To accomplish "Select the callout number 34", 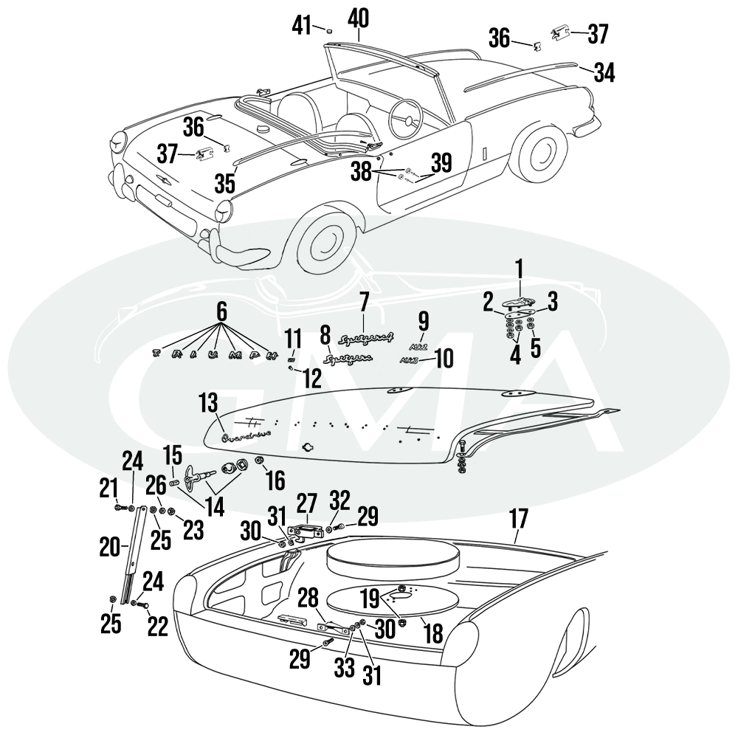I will point(603,72).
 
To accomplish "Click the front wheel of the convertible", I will point(322,241).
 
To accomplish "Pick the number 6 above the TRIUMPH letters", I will point(220,313).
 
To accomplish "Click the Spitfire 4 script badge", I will point(363,339).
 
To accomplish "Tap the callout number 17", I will point(519,519).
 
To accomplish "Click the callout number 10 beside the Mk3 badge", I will point(444,359).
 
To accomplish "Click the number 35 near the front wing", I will point(226,182).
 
